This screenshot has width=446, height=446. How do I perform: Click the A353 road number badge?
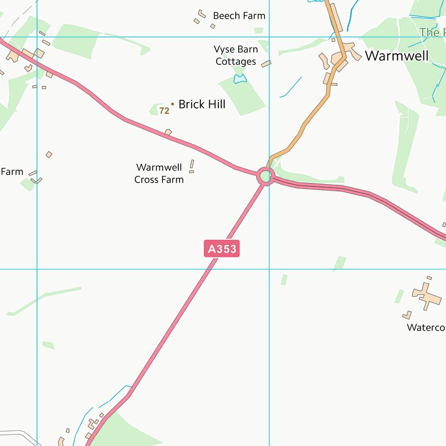tap(222, 249)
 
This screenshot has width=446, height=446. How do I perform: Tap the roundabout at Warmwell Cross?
tap(265, 175)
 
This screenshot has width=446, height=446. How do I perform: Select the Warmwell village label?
tap(397, 56)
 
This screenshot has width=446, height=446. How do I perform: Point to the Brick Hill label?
tap(202, 105)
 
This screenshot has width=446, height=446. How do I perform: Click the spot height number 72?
tap(164, 110)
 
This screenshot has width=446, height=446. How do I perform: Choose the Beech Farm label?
tap(239, 16)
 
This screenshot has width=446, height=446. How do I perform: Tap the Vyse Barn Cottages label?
tap(236, 56)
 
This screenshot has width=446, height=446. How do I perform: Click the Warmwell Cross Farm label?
tap(159, 174)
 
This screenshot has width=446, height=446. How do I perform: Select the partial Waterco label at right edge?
tap(426, 328)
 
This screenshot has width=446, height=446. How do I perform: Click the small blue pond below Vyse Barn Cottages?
tap(240, 78)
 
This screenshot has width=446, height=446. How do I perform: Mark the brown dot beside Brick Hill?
tap(172, 104)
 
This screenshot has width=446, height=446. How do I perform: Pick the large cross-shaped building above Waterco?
tap(427, 296)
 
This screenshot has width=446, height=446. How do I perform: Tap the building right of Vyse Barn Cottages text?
tap(266, 63)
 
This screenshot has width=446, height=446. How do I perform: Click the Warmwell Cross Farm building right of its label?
tap(192, 167)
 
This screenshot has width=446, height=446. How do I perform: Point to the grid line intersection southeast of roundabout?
tap(269, 269)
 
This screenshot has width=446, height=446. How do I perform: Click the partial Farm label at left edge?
tap(12, 172)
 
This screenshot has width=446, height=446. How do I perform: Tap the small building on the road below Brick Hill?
tap(168, 132)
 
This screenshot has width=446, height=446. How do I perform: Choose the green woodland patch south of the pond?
tap(242, 96)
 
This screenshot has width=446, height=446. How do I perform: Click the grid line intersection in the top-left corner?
tap(37, 37)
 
